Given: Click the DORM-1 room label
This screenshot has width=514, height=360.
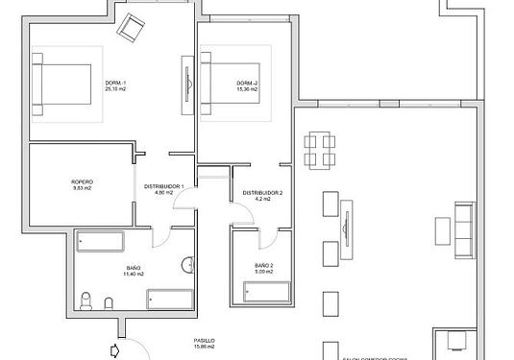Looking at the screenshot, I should click(x=116, y=84).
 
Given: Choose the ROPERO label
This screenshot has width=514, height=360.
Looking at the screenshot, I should click(x=82, y=182).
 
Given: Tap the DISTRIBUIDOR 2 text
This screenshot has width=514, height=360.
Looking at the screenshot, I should click(x=261, y=193).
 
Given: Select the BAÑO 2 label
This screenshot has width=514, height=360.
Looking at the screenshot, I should click(x=264, y=266).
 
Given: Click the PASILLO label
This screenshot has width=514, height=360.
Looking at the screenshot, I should click(x=202, y=341).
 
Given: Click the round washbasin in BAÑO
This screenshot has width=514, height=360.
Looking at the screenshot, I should click(x=187, y=265).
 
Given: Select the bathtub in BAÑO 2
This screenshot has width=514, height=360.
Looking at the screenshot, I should click(x=263, y=296).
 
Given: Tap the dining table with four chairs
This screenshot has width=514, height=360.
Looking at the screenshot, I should click(x=320, y=152).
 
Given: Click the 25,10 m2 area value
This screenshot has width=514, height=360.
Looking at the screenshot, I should click(x=116, y=90).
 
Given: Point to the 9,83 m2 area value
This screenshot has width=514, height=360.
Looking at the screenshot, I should click(x=82, y=189).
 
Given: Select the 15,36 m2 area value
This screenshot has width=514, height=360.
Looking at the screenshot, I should click(x=248, y=90).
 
